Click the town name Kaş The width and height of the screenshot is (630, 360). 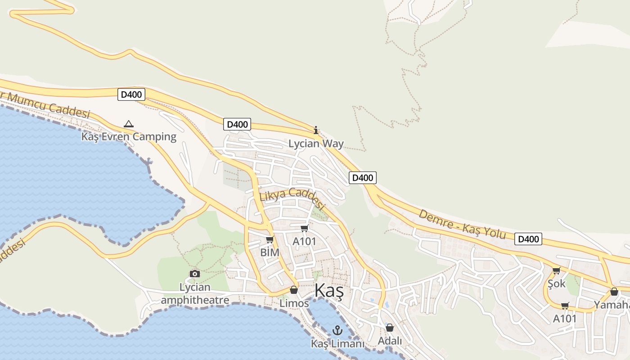(329, 291)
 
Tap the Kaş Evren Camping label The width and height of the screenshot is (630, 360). (129, 136)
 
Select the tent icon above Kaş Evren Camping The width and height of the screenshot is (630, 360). (129, 123)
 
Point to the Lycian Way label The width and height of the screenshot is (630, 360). (316, 144)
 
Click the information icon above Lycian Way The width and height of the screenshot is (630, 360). (316, 130)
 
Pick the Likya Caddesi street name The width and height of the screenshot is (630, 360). (292, 198)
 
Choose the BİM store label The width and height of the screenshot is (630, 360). (270, 252)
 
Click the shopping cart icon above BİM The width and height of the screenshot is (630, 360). (270, 239)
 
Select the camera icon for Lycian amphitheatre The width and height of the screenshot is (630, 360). (195, 274)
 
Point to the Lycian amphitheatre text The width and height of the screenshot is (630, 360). (195, 293)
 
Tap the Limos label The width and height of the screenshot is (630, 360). (294, 303)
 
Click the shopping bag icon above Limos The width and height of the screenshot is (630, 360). (294, 290)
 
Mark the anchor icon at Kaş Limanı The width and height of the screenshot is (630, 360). (337, 331)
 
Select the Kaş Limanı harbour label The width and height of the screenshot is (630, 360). (337, 344)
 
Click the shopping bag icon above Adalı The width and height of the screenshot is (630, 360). (390, 328)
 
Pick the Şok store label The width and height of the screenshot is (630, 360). (557, 284)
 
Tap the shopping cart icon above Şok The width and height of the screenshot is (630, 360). (557, 270)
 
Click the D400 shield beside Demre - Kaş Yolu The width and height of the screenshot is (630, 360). (528, 239)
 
